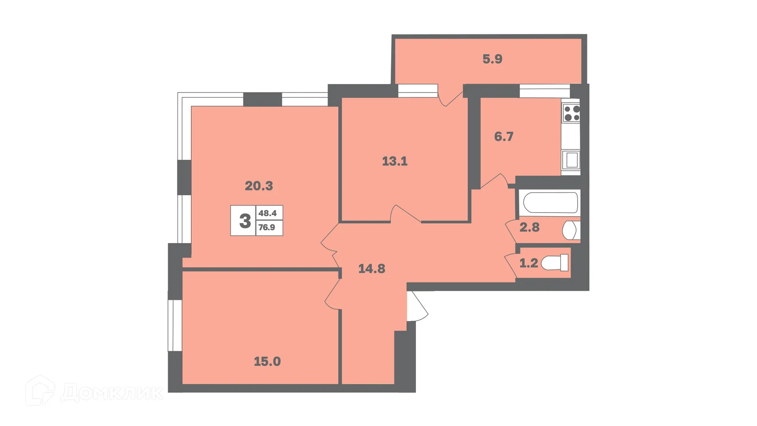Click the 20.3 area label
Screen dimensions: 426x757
[x=259, y=186]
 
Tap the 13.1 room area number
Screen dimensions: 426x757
[x=395, y=161]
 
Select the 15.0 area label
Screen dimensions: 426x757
[x=267, y=361]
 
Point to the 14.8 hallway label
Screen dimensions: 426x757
[x=371, y=269]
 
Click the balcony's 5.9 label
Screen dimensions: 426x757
[x=492, y=59]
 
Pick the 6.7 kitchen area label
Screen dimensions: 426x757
[x=503, y=136]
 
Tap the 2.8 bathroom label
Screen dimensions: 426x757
[x=529, y=227]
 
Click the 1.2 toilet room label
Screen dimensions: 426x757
[x=528, y=263]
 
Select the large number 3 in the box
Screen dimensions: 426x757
[x=245, y=221]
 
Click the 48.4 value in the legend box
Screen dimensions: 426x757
[x=268, y=213]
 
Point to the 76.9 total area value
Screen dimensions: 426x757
[x=267, y=228]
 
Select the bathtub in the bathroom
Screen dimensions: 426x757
[x=550, y=203]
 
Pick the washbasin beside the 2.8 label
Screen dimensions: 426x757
[x=571, y=230]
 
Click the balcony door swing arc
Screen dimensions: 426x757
[x=449, y=99]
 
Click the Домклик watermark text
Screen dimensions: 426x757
[x=112, y=392]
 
